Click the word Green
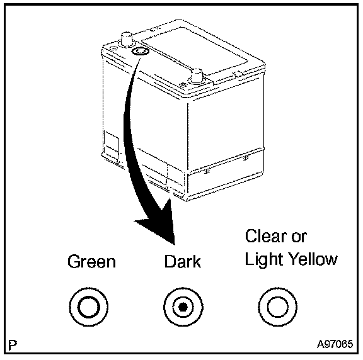point(91,262)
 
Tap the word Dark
point(183,261)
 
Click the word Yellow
point(314,259)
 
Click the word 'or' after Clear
point(299,238)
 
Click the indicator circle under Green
point(89,307)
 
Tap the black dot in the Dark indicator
point(183,307)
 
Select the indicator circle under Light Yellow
point(277,307)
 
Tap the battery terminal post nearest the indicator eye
point(127,39)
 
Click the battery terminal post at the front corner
point(197,76)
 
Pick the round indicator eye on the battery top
point(139,52)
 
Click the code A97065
point(335,344)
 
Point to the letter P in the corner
point(13,345)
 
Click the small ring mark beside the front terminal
point(183,86)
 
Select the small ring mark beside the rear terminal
point(112,48)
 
